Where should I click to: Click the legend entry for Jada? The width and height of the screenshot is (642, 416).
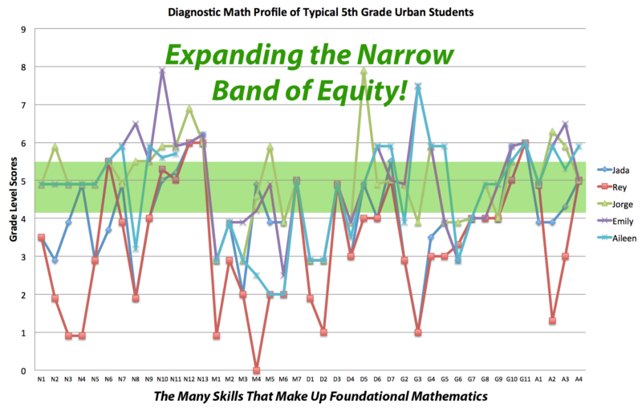(x=615, y=169)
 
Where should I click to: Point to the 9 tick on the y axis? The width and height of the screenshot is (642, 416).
(x=23, y=30)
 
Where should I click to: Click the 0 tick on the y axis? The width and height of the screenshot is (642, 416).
(x=23, y=371)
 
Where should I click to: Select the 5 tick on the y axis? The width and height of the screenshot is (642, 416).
(x=23, y=181)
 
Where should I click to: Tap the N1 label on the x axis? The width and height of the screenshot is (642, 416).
(x=41, y=378)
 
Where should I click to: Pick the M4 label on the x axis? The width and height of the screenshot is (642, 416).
(x=256, y=378)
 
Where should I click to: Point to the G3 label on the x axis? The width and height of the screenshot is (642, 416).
(x=417, y=378)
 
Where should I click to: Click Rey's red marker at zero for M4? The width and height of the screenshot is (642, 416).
(x=256, y=370)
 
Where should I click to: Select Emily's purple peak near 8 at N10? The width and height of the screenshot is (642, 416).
(x=162, y=71)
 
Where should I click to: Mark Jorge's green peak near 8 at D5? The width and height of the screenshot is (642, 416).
(x=364, y=71)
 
